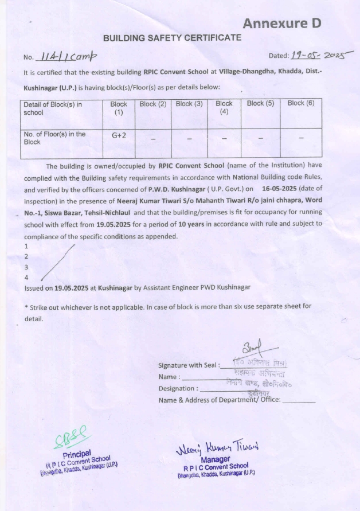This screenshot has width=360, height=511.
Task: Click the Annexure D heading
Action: (x=281, y=24)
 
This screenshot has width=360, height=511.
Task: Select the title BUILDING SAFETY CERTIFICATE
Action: (x=172, y=38)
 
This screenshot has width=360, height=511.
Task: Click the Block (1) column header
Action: (x=119, y=108)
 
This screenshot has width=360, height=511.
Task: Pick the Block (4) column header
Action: (x=224, y=108)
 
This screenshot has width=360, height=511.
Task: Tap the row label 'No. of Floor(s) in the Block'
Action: (x=54, y=138)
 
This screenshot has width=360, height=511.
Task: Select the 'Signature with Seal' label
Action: (x=187, y=366)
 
